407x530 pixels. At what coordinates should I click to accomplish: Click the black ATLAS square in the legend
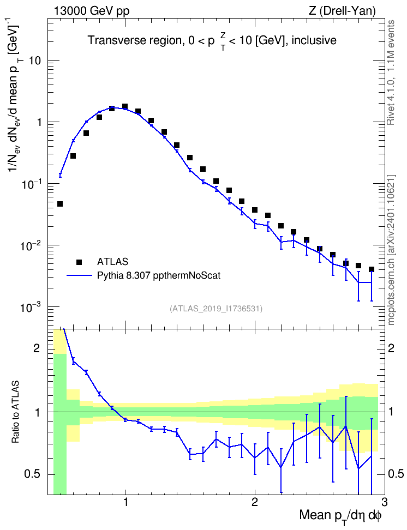pos(79,262)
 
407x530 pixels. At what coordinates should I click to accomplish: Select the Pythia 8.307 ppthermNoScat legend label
pos(159,275)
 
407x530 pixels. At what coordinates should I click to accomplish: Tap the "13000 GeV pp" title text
pos(91,11)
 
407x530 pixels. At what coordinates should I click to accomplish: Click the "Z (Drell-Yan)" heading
pos(342,11)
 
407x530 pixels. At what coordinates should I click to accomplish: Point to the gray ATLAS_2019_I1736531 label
pos(216,308)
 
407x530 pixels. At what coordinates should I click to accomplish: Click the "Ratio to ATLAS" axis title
pos(15,412)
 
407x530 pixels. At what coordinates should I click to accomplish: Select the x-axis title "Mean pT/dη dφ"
pos(340,516)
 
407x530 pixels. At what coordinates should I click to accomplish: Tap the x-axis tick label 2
pos(255,502)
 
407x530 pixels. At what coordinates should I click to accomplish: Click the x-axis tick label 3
pos(384,502)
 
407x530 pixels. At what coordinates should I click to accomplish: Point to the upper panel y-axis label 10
pos(35,61)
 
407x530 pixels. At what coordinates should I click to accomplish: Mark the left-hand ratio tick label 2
pos(37,348)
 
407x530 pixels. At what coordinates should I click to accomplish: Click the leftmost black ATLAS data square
pos(60,204)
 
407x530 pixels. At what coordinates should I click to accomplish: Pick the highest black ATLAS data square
pos(125,106)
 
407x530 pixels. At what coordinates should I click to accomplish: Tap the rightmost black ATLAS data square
pos(372,269)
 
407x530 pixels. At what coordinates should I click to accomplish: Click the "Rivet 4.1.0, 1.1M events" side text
pos(391,73)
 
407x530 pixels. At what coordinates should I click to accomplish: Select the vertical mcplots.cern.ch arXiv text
pos(391,250)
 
